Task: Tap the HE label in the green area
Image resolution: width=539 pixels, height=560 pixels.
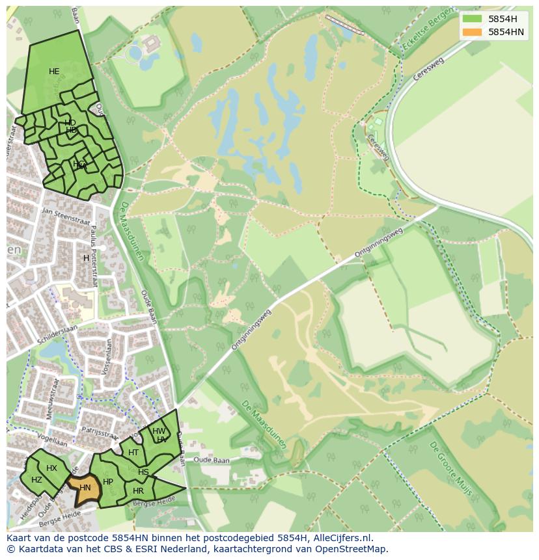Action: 54,72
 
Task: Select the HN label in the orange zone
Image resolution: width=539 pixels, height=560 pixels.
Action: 85,487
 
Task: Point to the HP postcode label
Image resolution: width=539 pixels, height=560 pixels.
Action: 108,482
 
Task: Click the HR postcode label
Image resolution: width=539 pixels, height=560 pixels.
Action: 138,491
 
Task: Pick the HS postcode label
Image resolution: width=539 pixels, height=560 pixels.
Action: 143,472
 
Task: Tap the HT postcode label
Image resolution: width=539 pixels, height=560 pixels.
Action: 133,453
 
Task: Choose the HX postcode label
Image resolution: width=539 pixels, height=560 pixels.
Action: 51,468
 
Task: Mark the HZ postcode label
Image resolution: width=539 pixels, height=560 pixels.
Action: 36,480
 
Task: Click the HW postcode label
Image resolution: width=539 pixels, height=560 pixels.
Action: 159,431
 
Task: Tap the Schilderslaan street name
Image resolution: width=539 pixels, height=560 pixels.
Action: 57,331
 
